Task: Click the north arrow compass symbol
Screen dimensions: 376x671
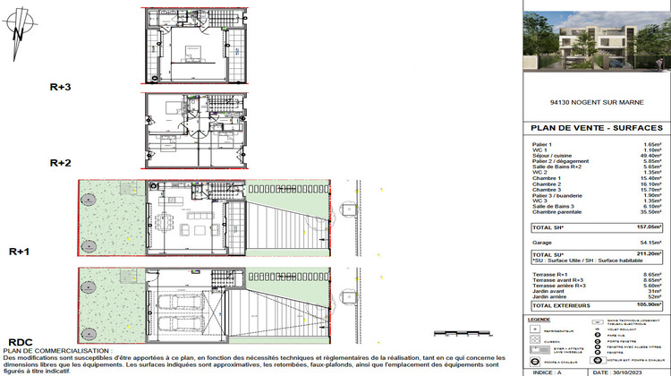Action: coord(19,34)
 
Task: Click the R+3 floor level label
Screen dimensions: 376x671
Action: coord(61,87)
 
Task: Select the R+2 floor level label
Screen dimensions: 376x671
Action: coord(61,163)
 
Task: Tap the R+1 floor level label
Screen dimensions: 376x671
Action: coord(21,252)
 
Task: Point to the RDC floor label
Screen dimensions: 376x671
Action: coord(20,342)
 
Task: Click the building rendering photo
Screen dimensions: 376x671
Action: coord(595,42)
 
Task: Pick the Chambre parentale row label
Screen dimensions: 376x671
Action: coord(556,211)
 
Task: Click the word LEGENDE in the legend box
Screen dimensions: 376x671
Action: coord(539,318)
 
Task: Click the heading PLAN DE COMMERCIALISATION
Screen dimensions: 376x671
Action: coord(55,351)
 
